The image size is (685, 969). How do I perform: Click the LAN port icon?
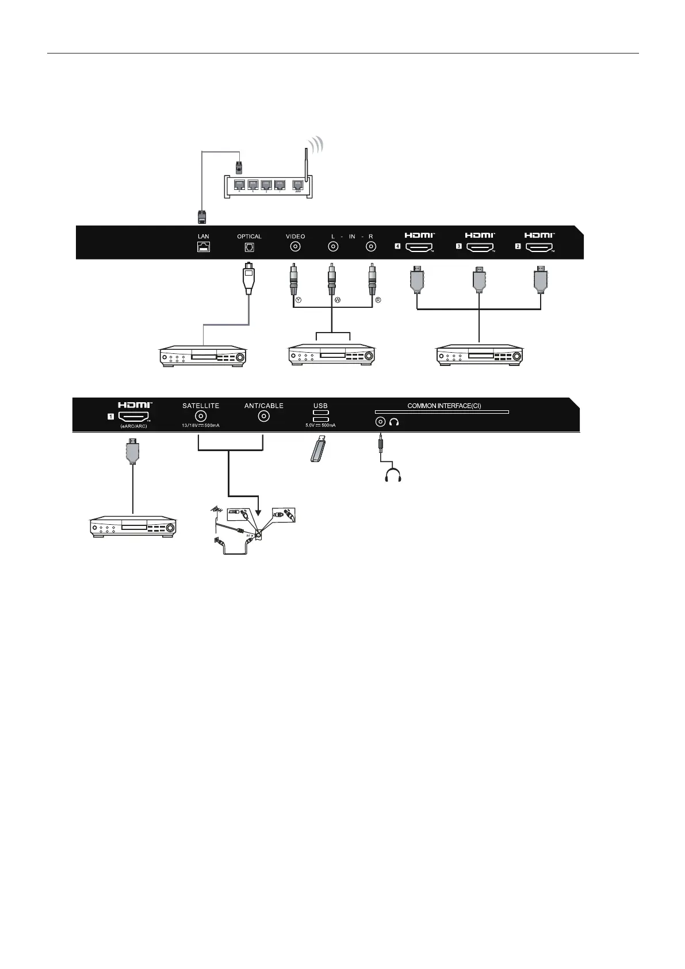tap(203, 246)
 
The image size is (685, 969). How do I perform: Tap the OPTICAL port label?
tap(249, 236)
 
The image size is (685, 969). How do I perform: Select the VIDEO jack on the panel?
tap(295, 247)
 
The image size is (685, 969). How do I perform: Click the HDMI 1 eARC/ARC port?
tap(134, 417)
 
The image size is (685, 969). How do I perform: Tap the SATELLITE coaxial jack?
tap(201, 417)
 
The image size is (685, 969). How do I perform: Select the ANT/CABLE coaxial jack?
tap(264, 417)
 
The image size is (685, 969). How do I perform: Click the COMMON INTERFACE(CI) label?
tap(444, 406)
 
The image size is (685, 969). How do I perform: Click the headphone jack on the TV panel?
tap(380, 422)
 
